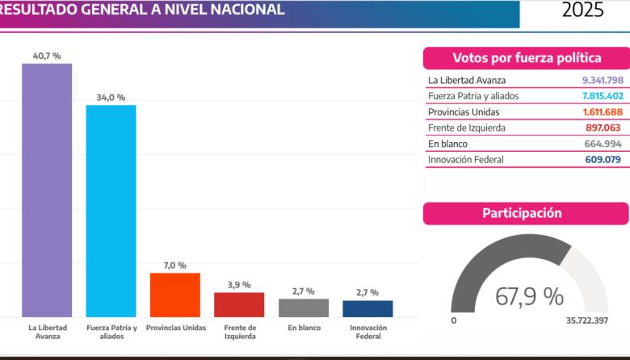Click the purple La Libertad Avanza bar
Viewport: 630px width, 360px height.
(47, 190)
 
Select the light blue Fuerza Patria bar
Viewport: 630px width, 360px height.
(111, 211)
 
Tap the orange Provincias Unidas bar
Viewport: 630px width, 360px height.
(174, 295)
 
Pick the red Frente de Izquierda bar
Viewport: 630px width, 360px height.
(239, 304)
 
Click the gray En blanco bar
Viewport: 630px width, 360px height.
(304, 308)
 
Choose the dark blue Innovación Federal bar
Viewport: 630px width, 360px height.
(367, 308)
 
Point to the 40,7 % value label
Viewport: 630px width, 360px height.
(47, 56)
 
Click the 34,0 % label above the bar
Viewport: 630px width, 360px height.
(111, 98)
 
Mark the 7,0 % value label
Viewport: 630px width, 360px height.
(174, 266)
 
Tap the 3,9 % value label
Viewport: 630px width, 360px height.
(239, 285)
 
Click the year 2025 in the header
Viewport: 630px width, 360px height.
(582, 10)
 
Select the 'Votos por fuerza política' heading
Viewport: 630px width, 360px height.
(527, 58)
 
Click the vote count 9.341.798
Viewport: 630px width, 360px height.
(603, 80)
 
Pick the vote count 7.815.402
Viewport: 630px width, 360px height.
(603, 96)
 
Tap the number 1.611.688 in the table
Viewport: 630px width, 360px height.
(603, 111)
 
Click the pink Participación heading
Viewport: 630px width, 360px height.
(527, 214)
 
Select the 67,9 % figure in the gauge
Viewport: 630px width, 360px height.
(529, 296)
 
